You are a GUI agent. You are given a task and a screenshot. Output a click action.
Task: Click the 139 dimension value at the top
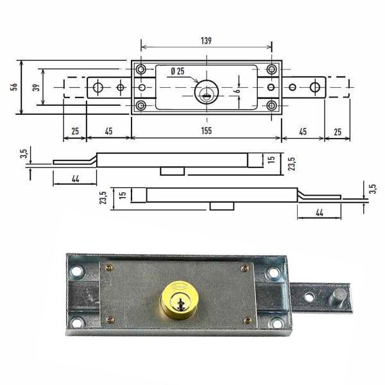pyautogui.click(x=206, y=41)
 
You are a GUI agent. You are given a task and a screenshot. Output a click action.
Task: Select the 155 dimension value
pyautogui.click(x=206, y=131)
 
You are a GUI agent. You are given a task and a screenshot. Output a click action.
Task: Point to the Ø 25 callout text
pyautogui.click(x=178, y=71)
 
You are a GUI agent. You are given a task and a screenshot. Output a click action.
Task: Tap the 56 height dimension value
pyautogui.click(x=15, y=87)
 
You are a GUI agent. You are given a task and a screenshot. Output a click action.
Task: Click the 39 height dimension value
pyautogui.click(x=37, y=87)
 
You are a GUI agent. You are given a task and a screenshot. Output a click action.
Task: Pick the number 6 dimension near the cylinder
pyautogui.click(x=237, y=90)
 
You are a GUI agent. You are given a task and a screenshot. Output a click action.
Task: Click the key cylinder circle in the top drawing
pyautogui.click(x=207, y=92)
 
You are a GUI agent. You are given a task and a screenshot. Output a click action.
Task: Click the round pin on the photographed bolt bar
pyautogui.click(x=339, y=298)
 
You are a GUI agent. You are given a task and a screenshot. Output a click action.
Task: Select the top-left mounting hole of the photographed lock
pyautogui.click(x=76, y=271)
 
